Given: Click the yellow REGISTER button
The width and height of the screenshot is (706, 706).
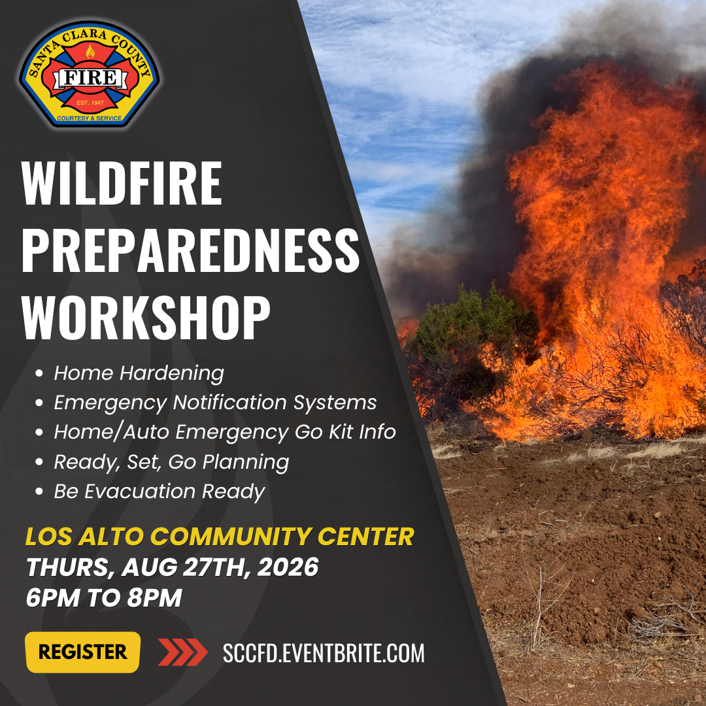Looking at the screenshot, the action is (83, 652).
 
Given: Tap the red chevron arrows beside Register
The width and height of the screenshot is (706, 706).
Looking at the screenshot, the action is (182, 652).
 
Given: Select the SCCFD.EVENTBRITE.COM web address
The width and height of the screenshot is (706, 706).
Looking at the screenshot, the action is (324, 653).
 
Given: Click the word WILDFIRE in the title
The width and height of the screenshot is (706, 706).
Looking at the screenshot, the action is (122, 183).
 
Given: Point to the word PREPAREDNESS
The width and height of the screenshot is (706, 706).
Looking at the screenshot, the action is (190, 250).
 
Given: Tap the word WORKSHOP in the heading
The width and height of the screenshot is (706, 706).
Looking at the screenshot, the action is (146, 318).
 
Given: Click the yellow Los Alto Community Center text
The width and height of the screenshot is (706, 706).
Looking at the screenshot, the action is (220, 536).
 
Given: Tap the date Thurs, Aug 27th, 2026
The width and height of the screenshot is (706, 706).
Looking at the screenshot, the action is (173, 567).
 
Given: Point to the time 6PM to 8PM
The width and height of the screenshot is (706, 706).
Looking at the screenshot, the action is (104, 597).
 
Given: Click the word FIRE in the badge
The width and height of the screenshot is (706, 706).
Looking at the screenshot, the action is (91, 78).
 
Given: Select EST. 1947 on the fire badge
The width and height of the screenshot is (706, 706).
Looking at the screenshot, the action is (90, 103).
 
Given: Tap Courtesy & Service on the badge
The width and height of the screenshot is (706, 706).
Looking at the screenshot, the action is (89, 118).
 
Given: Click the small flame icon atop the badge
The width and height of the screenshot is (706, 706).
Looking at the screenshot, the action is (90, 52).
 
